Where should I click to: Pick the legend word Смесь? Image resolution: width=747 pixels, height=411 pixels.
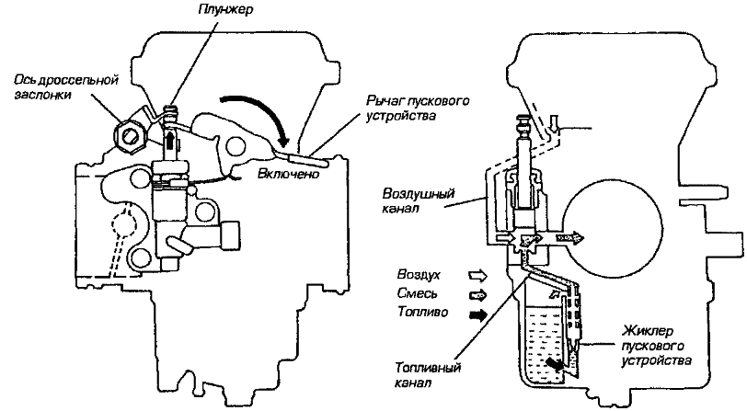pos(417,294)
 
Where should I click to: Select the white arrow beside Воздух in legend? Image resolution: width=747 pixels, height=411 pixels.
pos(477,275)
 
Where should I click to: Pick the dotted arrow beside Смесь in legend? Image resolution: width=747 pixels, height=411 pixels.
pos(477,295)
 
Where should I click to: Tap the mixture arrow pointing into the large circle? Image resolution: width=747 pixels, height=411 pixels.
pos(571,236)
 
